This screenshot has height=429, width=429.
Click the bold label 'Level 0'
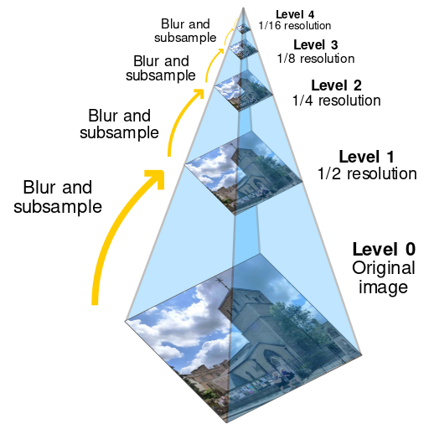pyautogui.click(x=383, y=250)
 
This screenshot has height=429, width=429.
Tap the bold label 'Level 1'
pyautogui.click(x=365, y=157)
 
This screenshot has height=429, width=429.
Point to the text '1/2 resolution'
pyautogui.click(x=367, y=174)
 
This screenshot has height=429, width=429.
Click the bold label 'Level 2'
pyautogui.click(x=336, y=85)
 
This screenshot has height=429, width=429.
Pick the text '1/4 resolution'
pyautogui.click(x=336, y=101)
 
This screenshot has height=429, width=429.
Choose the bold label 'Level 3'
pyautogui.click(x=315, y=44)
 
